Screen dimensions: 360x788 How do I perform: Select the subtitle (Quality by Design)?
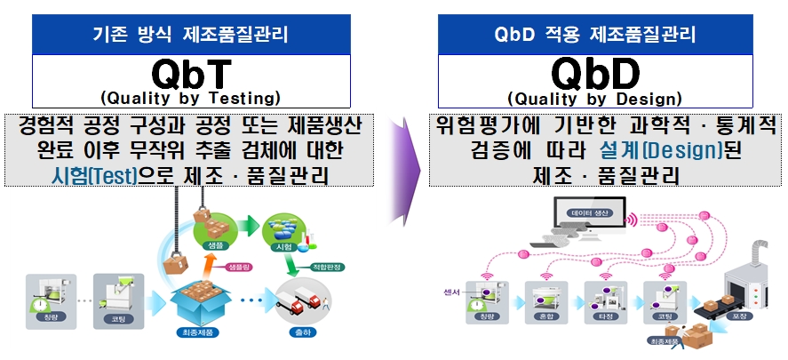594,97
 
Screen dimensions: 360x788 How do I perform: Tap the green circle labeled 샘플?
213,233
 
